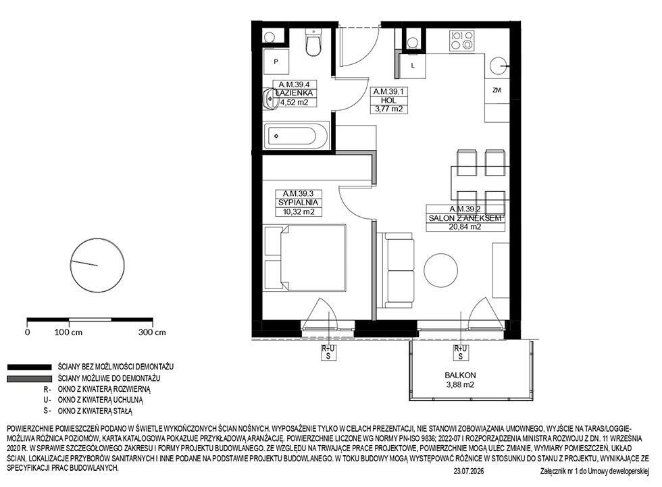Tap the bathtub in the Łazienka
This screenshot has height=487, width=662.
pyautogui.click(x=296, y=136)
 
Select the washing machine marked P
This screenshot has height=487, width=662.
pyautogui.click(x=276, y=61)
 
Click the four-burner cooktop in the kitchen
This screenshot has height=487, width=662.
pyautogui.click(x=462, y=41)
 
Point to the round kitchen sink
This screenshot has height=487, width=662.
pyautogui.click(x=499, y=66)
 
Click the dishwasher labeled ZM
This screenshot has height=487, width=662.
pyautogui.click(x=496, y=91)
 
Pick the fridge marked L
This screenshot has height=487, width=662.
pyautogui.click(x=413, y=66)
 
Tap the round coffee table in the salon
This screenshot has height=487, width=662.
pyautogui.click(x=440, y=270)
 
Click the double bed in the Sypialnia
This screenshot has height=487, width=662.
pyautogui.click(x=305, y=257)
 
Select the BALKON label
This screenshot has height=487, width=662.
pyautogui.click(x=460, y=375)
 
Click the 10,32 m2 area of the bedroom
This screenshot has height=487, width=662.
pyautogui.click(x=299, y=212)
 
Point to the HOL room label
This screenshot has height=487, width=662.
pyautogui.click(x=388, y=101)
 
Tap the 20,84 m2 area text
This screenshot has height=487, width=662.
pyautogui.click(x=465, y=227)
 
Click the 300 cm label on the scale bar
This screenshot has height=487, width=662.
pyautogui.click(x=152, y=332)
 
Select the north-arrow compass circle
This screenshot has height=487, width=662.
pyautogui.click(x=97, y=265)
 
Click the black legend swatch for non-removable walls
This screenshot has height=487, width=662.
pyautogui.click(x=29, y=367)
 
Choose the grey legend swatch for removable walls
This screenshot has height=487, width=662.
pyautogui.click(x=29, y=378)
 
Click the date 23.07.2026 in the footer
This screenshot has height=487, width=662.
pyautogui.click(x=469, y=471)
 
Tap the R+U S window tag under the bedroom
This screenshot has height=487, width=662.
pyautogui.click(x=328, y=353)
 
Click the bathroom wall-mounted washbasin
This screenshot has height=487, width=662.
pyautogui.click(x=270, y=99)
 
